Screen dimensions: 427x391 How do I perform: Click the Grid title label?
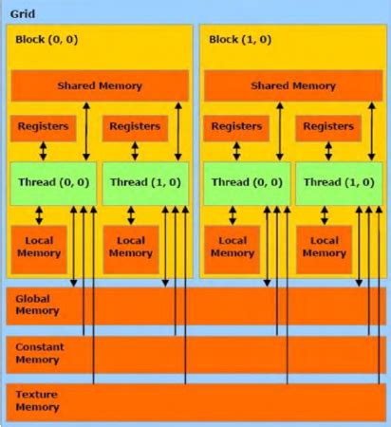pos(24,16)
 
